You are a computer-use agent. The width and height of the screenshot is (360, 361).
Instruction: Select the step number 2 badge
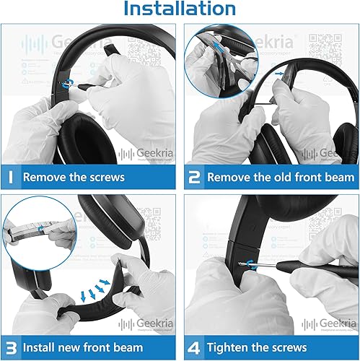point(194,177)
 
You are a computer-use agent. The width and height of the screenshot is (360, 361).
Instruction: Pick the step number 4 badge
point(194,347)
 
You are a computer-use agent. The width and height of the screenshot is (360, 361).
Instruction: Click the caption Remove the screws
point(74,177)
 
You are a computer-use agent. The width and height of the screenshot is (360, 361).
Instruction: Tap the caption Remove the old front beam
point(281,177)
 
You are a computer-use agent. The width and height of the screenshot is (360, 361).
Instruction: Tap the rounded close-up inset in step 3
point(37,225)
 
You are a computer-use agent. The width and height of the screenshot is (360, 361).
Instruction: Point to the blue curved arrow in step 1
point(69,84)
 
